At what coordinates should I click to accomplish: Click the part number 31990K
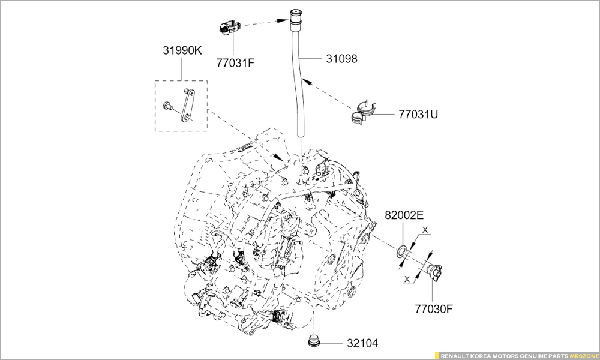click(182, 51)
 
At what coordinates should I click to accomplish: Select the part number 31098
click(341, 59)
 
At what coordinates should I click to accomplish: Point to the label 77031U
click(418, 113)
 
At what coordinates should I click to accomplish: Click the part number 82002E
click(404, 215)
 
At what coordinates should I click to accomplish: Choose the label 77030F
click(434, 310)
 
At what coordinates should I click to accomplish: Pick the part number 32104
click(362, 343)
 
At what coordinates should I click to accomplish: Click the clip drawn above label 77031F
click(229, 28)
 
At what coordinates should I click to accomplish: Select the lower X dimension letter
click(407, 278)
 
